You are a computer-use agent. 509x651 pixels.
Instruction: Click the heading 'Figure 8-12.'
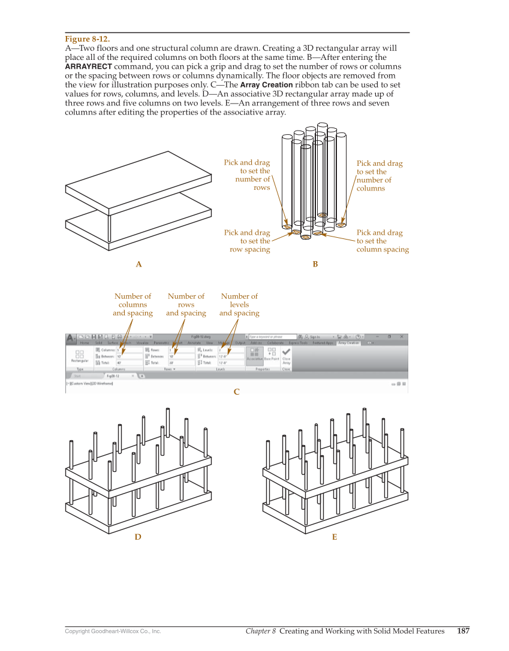[87, 39]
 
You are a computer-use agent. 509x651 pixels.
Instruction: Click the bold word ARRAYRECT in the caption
[88, 66]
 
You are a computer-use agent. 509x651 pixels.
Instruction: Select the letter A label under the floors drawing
[138, 264]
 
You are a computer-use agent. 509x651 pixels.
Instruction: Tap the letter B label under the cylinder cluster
[315, 264]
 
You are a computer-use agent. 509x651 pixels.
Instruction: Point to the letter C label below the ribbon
[236, 392]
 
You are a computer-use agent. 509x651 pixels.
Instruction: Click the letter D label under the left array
[138, 537]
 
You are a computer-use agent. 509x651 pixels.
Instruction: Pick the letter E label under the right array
[335, 537]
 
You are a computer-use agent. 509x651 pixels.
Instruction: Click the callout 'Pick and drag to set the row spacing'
[247, 241]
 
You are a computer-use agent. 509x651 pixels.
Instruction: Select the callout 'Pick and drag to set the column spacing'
[382, 241]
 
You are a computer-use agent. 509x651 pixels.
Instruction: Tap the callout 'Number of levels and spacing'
[239, 304]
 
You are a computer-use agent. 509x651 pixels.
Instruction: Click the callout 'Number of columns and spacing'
[132, 304]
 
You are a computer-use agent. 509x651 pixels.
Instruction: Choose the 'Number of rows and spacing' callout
[186, 304]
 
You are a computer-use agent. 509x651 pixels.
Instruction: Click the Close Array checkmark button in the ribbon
[287, 356]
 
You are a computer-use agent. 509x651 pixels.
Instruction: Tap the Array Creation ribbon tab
[348, 343]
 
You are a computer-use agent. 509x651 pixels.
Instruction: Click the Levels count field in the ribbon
[230, 349]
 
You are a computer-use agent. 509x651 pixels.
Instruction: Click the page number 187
[463, 631]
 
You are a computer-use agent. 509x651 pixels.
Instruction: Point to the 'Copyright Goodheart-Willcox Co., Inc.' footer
[113, 631]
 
